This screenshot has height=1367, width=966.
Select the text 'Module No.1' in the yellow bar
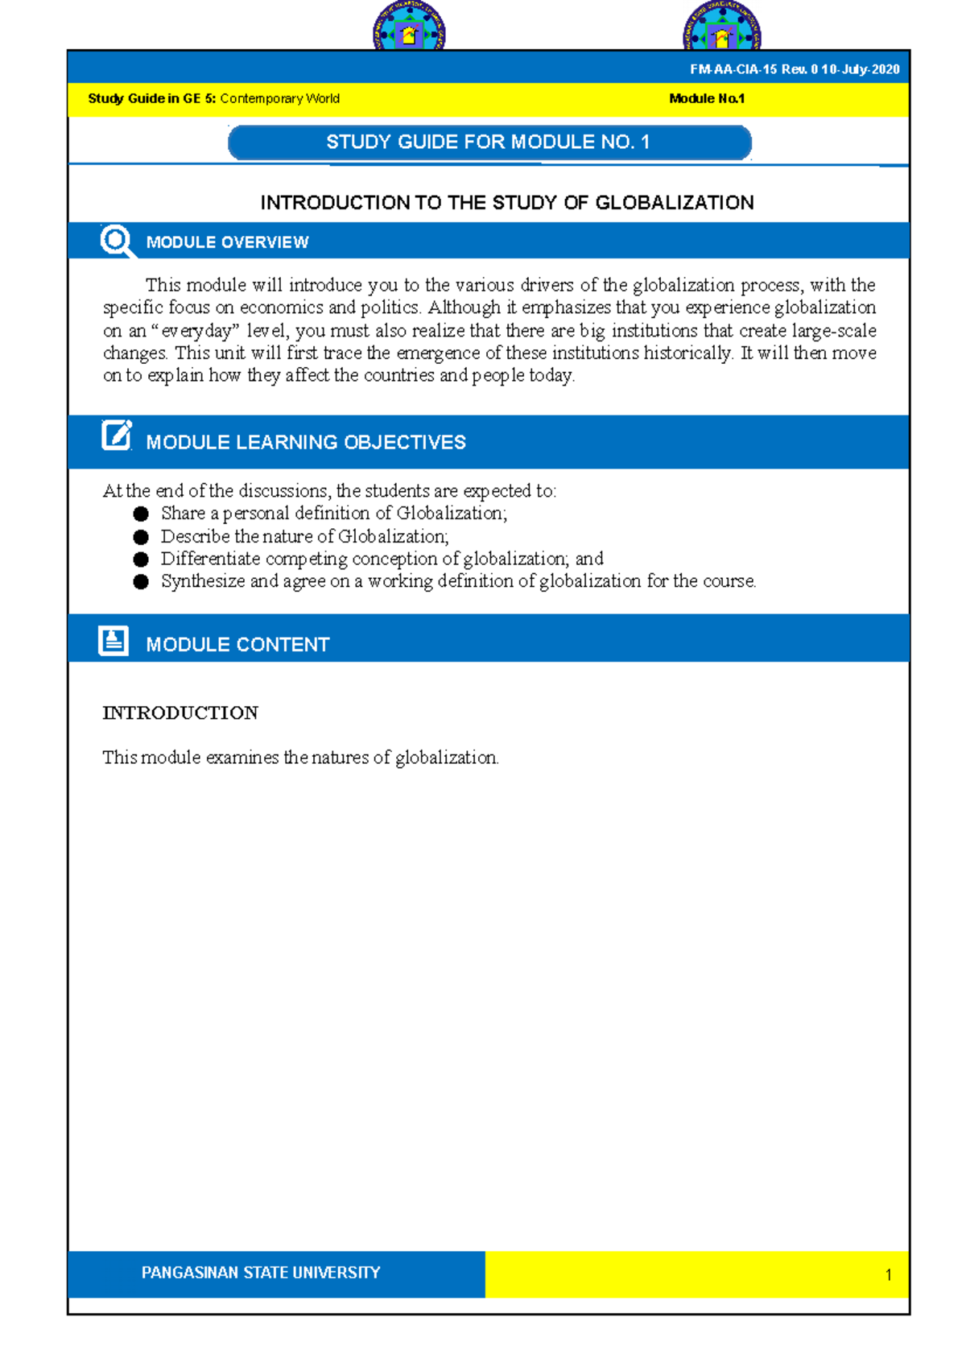[707, 99]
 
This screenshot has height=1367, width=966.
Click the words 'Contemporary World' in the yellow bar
[279, 99]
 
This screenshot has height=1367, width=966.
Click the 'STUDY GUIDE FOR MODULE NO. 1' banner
[489, 142]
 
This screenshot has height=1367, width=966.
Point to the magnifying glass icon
[117, 241]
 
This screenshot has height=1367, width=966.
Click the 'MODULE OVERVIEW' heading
[227, 242]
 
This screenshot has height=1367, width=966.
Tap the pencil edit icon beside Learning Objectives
[116, 436]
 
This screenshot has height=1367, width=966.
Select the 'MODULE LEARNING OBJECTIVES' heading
[306, 442]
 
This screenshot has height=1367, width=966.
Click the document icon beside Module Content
[114, 641]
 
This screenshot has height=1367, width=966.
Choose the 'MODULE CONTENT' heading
[237, 644]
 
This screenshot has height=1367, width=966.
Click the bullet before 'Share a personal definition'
[141, 514]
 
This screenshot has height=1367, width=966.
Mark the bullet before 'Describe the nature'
[141, 536]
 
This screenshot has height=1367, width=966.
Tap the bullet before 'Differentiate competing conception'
[141, 559]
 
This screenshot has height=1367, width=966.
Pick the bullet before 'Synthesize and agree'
[141, 581]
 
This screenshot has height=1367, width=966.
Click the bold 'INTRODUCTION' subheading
[180, 712]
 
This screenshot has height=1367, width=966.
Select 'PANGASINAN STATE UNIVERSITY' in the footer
[261, 1273]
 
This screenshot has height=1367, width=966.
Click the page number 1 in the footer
[888, 1274]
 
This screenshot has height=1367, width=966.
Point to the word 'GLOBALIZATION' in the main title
[675, 203]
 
